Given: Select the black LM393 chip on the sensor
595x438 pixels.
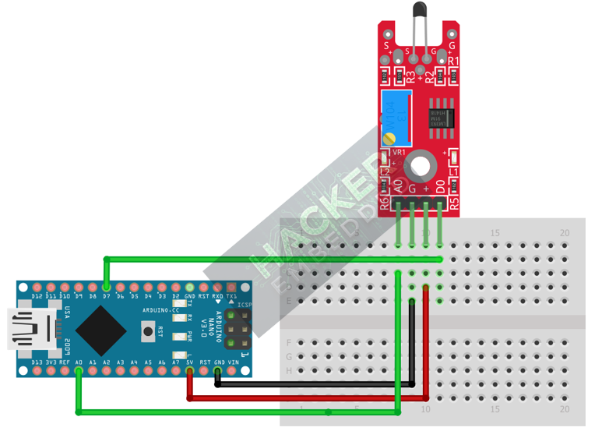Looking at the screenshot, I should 441,115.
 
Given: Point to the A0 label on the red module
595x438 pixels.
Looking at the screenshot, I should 400,187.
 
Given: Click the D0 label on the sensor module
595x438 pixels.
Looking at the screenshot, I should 441,187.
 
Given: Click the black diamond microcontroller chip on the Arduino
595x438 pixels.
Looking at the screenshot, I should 101,329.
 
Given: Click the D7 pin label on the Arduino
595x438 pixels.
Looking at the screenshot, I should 106,297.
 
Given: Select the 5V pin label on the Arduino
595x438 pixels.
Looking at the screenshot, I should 189,362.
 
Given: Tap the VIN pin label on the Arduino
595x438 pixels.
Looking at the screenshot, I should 232,362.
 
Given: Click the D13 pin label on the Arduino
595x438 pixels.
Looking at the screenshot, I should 37,297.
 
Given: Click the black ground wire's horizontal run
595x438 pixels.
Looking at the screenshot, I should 312,383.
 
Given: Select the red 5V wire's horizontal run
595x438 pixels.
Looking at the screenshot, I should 312,398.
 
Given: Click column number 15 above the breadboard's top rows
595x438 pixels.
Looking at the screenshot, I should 495,233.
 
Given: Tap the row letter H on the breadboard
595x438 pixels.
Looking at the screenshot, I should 290,371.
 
